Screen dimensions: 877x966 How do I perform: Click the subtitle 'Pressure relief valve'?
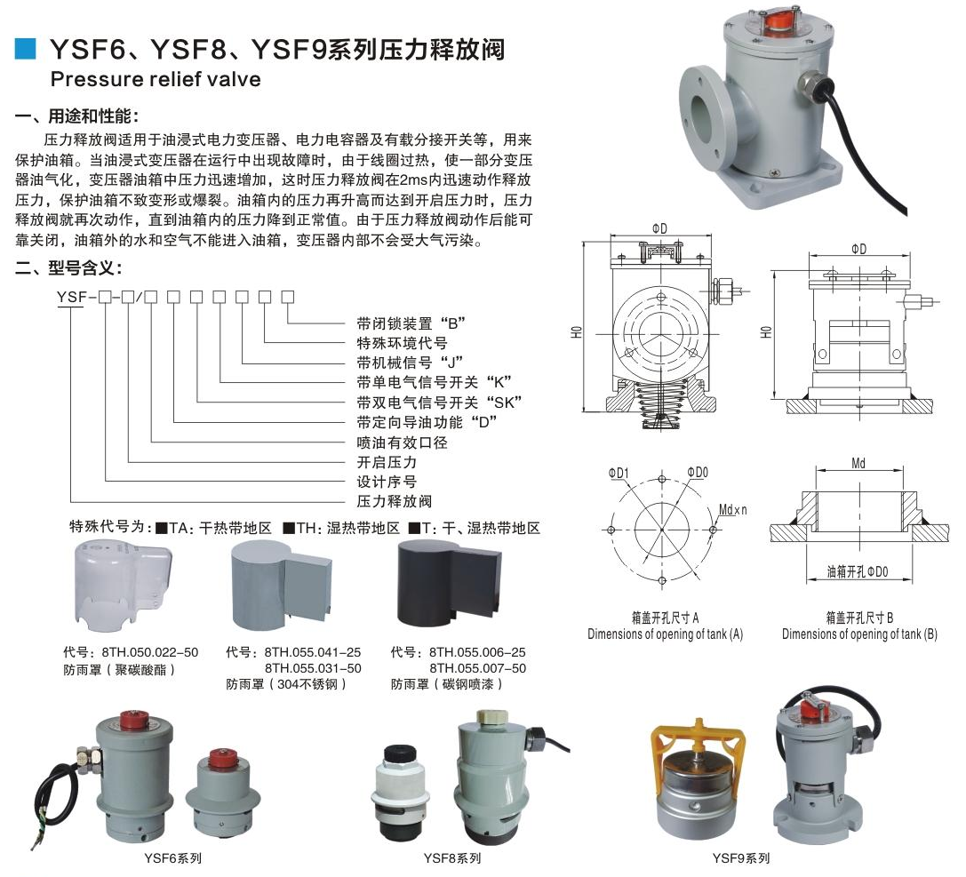[156, 79]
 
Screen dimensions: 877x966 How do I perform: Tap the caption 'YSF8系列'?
[452, 858]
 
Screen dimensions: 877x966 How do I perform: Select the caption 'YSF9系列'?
[740, 858]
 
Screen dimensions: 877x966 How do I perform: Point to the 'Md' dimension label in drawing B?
[858, 464]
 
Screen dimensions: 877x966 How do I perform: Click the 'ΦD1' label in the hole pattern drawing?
[619, 473]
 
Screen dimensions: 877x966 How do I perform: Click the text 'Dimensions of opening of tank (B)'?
[859, 634]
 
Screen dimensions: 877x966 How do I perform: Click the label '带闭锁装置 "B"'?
[411, 322]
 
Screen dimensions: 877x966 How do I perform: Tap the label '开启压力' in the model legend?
[386, 462]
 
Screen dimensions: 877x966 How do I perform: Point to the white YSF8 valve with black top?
[401, 791]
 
